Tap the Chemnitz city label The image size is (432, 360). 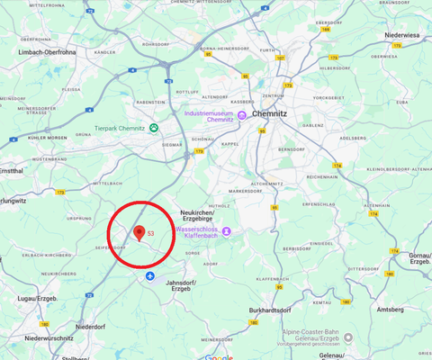tap(269, 114)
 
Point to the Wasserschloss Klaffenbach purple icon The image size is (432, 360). tap(227, 232)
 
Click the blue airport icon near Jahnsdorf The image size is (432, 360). tap(150, 274)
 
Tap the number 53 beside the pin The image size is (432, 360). tap(151, 234)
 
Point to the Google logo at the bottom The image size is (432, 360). tap(219, 356)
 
